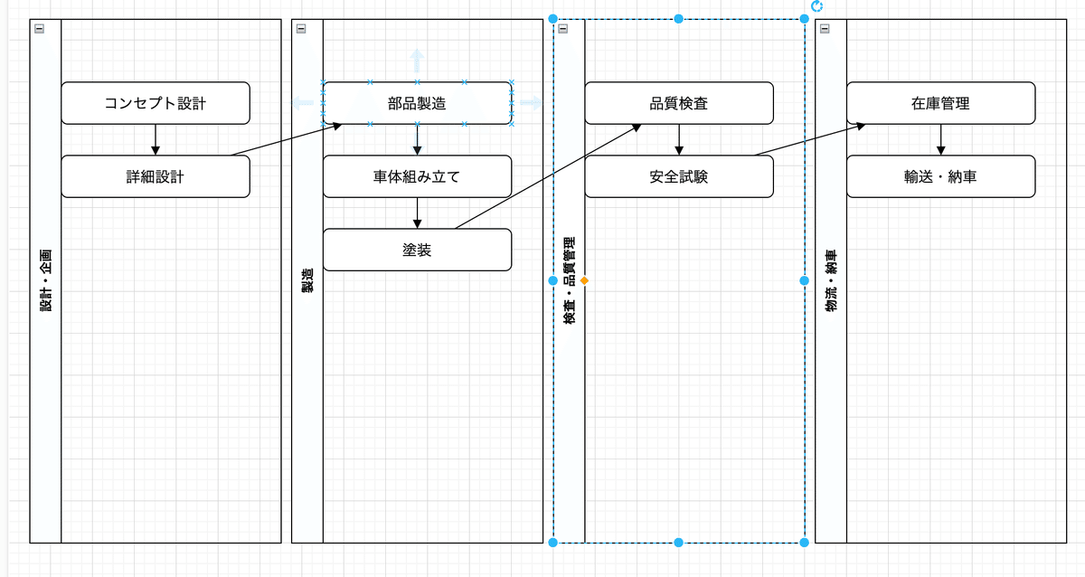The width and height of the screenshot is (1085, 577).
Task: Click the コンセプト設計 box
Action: (x=155, y=103)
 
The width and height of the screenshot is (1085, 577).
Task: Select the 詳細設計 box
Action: (x=155, y=176)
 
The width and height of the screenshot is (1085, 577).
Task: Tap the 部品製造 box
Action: (x=417, y=103)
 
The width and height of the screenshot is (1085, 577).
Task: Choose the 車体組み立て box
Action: (x=417, y=176)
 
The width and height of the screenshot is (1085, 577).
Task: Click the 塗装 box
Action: (x=417, y=250)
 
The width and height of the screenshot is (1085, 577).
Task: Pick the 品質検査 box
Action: (x=678, y=103)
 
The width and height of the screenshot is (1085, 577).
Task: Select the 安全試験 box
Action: (x=678, y=176)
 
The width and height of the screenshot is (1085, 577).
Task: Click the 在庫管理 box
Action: (x=940, y=103)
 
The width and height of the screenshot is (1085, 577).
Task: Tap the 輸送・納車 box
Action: (x=940, y=176)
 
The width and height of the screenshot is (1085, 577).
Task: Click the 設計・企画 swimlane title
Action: (x=45, y=281)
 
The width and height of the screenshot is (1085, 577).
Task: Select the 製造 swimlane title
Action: (x=307, y=281)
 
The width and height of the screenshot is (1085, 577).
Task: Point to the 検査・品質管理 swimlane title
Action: (x=569, y=281)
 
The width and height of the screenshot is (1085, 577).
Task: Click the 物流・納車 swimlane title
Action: (x=831, y=281)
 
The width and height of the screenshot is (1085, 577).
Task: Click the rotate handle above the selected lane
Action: (x=817, y=6)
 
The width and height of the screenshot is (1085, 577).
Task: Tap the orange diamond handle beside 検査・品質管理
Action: (x=585, y=281)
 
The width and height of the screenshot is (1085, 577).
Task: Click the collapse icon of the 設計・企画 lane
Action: (x=39, y=29)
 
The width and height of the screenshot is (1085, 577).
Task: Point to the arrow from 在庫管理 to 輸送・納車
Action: (x=940, y=139)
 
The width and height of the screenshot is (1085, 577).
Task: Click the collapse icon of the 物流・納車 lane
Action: (x=825, y=29)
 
